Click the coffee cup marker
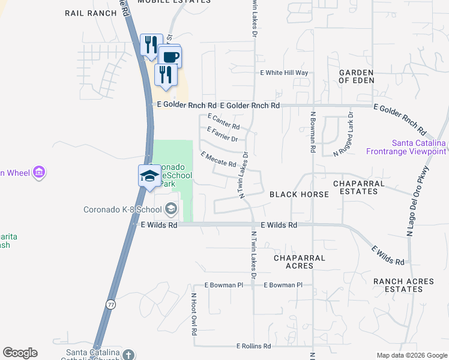[170, 57]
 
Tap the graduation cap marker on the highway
[149, 176]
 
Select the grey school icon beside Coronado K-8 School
[171, 209]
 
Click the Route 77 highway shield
[110, 305]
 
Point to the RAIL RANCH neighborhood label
[90, 13]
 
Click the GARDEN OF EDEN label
[357, 76]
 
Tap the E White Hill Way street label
[283, 73]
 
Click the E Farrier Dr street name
[222, 134]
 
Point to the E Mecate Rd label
[218, 160]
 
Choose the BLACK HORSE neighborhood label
[299, 194]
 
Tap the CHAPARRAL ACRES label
[299, 262]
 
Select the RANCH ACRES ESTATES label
[397, 285]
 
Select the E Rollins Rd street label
[253, 346]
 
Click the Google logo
[20, 353]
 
